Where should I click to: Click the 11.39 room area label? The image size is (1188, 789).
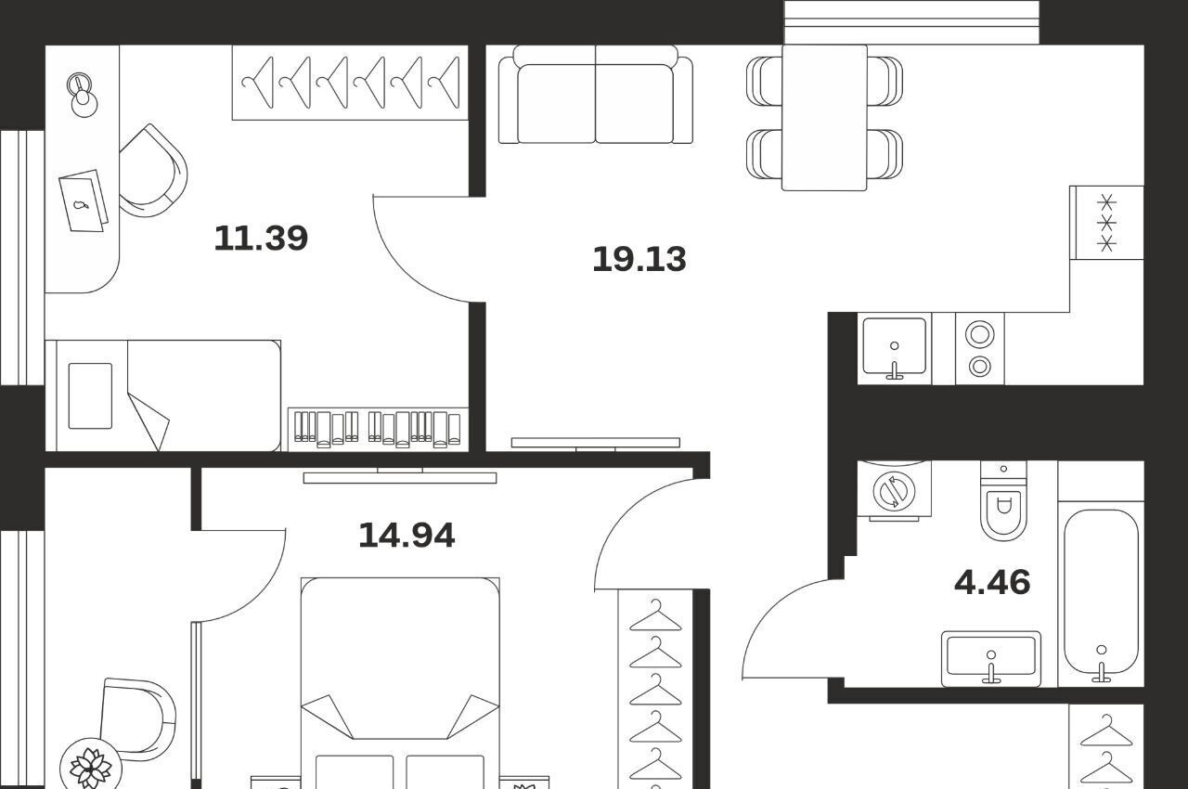pos(261,238)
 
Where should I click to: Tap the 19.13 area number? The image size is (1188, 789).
pos(639,259)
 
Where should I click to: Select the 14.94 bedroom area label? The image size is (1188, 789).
pos(407,536)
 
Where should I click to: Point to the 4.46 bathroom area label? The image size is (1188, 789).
pos(992,582)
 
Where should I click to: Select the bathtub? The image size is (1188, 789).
pos(1101,592)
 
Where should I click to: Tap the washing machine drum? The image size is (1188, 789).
pos(894,491)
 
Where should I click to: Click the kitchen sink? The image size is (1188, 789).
pos(894,348)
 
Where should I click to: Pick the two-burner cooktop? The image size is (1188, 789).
pos(979,349)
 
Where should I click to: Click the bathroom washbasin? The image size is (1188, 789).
pos(990,658)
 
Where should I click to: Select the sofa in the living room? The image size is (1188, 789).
pos(596,95)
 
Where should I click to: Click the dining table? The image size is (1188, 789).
pos(824,118)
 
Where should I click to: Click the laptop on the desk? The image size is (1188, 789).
pos(84,200)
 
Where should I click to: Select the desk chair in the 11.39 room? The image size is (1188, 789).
pos(153,171)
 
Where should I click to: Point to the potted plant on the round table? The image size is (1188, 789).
pos(91,767)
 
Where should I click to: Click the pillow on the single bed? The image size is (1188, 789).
pos(90,395)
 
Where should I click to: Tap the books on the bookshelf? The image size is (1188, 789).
pos(378,429)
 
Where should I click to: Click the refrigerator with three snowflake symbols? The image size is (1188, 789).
pos(1106,223)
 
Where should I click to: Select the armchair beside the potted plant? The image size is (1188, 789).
pos(139,718)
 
